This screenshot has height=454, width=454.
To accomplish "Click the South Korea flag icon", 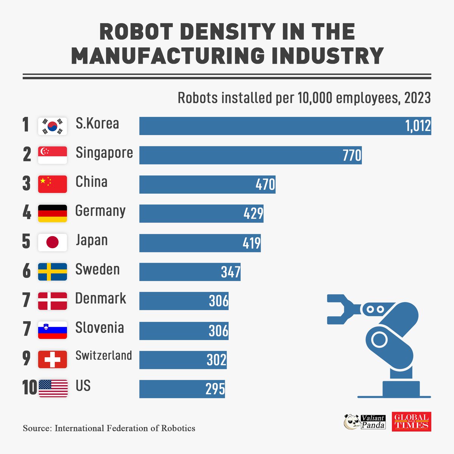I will tap(53, 126).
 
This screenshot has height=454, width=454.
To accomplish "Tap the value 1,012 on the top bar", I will tap(418, 126).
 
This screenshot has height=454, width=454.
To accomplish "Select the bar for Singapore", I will tap(250, 155).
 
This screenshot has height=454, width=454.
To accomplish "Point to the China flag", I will tap(53, 184).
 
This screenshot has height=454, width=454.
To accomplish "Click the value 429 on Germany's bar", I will tap(253, 214).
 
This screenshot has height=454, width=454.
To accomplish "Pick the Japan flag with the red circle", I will tap(53, 243).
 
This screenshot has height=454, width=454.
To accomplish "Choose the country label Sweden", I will tap(98, 269).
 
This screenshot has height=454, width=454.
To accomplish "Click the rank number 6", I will tap(26, 271).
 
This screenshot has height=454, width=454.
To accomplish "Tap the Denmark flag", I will tap(53, 301).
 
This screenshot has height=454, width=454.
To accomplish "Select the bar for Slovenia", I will tap(184, 330).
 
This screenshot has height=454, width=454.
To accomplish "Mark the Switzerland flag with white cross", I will tap(53, 359).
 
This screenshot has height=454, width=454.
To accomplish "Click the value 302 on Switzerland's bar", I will tap(216, 360).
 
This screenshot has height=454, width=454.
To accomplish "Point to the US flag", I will tap(53, 389).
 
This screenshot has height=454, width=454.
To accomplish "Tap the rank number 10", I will tap(30, 388).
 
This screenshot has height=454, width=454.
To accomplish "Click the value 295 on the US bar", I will tap(215, 389).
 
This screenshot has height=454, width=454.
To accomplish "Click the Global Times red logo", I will tap(411, 421).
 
